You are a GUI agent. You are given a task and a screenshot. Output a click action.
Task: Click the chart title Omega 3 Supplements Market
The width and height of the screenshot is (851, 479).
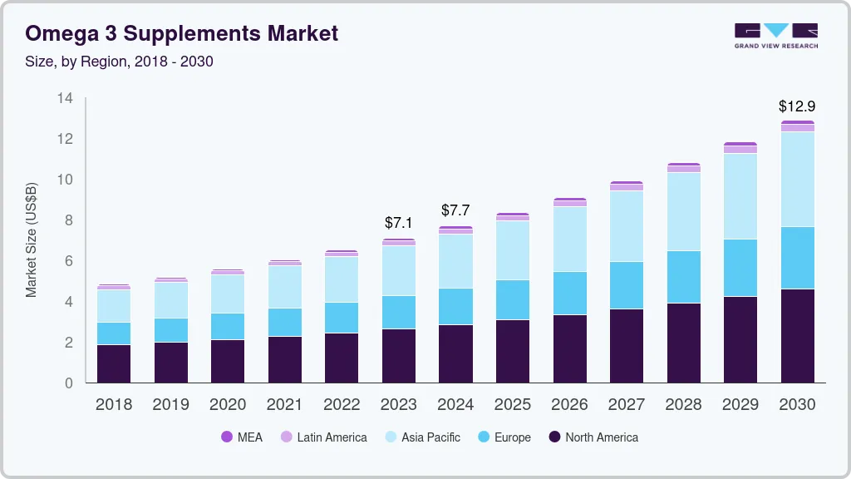tap(182, 33)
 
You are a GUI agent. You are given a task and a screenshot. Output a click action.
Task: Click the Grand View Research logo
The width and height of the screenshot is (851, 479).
tap(775, 35)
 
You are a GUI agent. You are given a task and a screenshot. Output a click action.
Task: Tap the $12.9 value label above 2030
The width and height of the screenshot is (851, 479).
tap(796, 106)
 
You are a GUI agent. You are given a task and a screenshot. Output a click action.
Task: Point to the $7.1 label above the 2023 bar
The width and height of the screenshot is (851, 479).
tap(399, 223)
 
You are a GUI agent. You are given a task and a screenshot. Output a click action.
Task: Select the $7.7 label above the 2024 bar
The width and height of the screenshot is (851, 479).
tap(456, 210)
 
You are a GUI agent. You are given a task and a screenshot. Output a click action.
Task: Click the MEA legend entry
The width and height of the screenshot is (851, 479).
tap(242, 437)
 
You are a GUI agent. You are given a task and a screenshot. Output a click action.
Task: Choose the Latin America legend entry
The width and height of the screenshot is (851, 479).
tap(323, 437)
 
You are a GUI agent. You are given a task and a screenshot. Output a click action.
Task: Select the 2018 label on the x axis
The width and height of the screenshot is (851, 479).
tap(114, 404)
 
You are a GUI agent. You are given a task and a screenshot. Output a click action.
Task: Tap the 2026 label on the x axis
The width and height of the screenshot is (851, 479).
tap(569, 404)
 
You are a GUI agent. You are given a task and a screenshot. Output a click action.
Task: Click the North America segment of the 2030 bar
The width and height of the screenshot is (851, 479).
tap(797, 336)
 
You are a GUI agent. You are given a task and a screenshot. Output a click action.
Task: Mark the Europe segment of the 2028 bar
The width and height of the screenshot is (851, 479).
tap(683, 277)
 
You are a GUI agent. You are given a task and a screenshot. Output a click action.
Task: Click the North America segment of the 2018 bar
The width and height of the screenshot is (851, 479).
tap(114, 363)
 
